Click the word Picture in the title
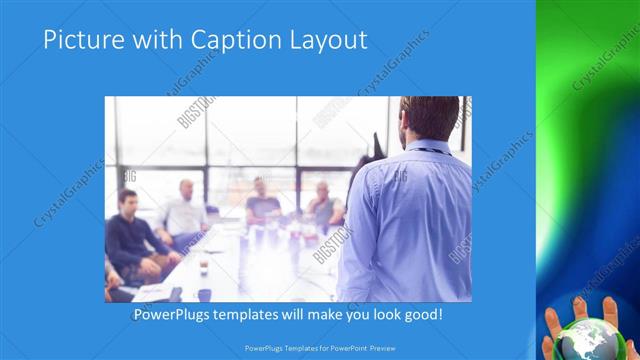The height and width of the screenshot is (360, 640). point(80,40)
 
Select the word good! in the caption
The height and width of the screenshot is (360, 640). point(420,315)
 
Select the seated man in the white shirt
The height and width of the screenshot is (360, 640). point(183,212)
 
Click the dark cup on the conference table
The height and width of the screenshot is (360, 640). point(204,294)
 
